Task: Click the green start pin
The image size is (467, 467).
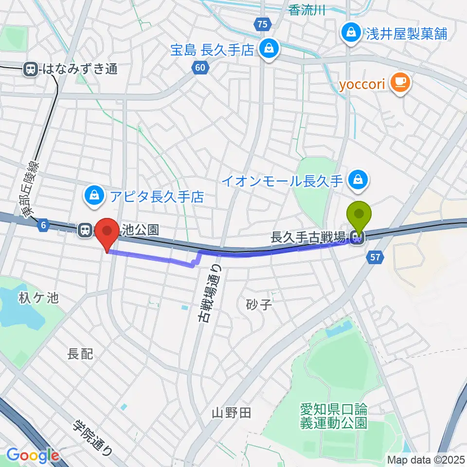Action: click(x=359, y=215)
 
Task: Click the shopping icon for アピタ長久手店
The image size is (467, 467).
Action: click(x=92, y=197)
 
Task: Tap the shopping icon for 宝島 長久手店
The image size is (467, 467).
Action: click(x=268, y=49)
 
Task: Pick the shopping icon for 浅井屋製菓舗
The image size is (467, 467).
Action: click(x=350, y=33)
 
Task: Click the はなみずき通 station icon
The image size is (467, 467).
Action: click(x=31, y=69)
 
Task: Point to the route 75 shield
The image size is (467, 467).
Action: click(x=263, y=24)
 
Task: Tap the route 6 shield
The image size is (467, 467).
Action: click(x=44, y=225)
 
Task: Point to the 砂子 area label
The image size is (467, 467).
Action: click(x=258, y=305)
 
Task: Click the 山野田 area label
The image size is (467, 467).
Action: click(x=232, y=413)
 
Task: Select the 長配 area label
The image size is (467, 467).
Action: click(x=80, y=354)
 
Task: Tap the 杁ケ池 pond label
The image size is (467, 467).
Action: click(x=39, y=298)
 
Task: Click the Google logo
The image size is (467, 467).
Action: click(x=33, y=456)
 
